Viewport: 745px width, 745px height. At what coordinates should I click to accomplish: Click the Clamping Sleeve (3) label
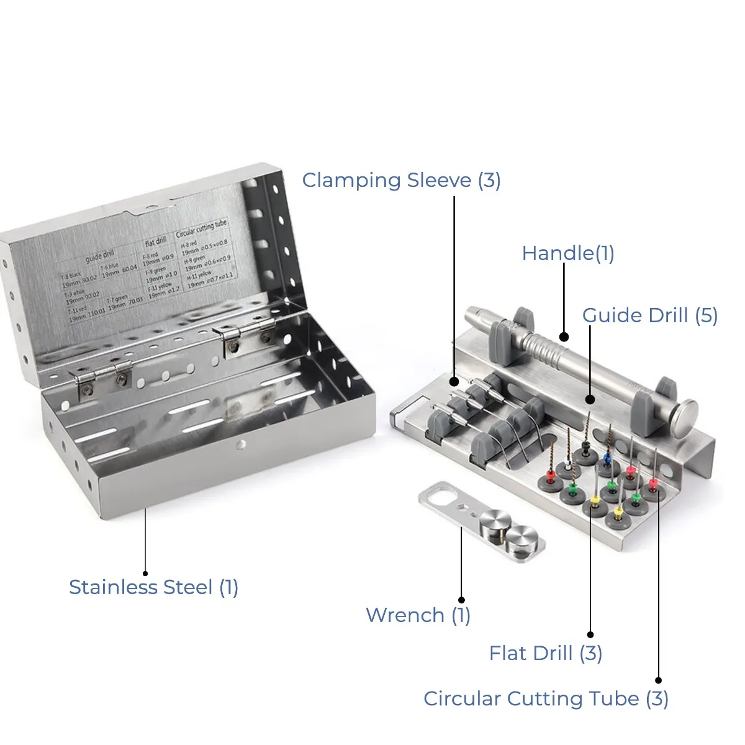pos(401,180)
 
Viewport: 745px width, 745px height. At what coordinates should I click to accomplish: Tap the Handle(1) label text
pos(567,253)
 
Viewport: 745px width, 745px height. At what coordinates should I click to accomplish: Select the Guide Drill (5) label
pos(649,315)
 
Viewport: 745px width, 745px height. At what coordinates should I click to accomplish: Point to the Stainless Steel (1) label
pos(153,587)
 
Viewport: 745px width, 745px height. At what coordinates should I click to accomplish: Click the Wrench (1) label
pos(418,615)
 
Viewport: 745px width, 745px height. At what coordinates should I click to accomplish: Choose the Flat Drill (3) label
pos(545,653)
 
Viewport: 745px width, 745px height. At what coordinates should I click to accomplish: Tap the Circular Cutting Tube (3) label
pos(546,698)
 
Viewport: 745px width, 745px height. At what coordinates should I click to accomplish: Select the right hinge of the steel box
pos(248,332)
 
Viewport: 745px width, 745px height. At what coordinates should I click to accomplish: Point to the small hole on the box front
pos(241,445)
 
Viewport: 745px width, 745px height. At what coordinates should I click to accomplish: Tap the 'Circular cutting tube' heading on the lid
pos(202,228)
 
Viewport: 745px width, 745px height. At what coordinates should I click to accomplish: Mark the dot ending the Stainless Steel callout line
pos(145,573)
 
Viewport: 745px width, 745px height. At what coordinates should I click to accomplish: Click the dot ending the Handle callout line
pos(564,337)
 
